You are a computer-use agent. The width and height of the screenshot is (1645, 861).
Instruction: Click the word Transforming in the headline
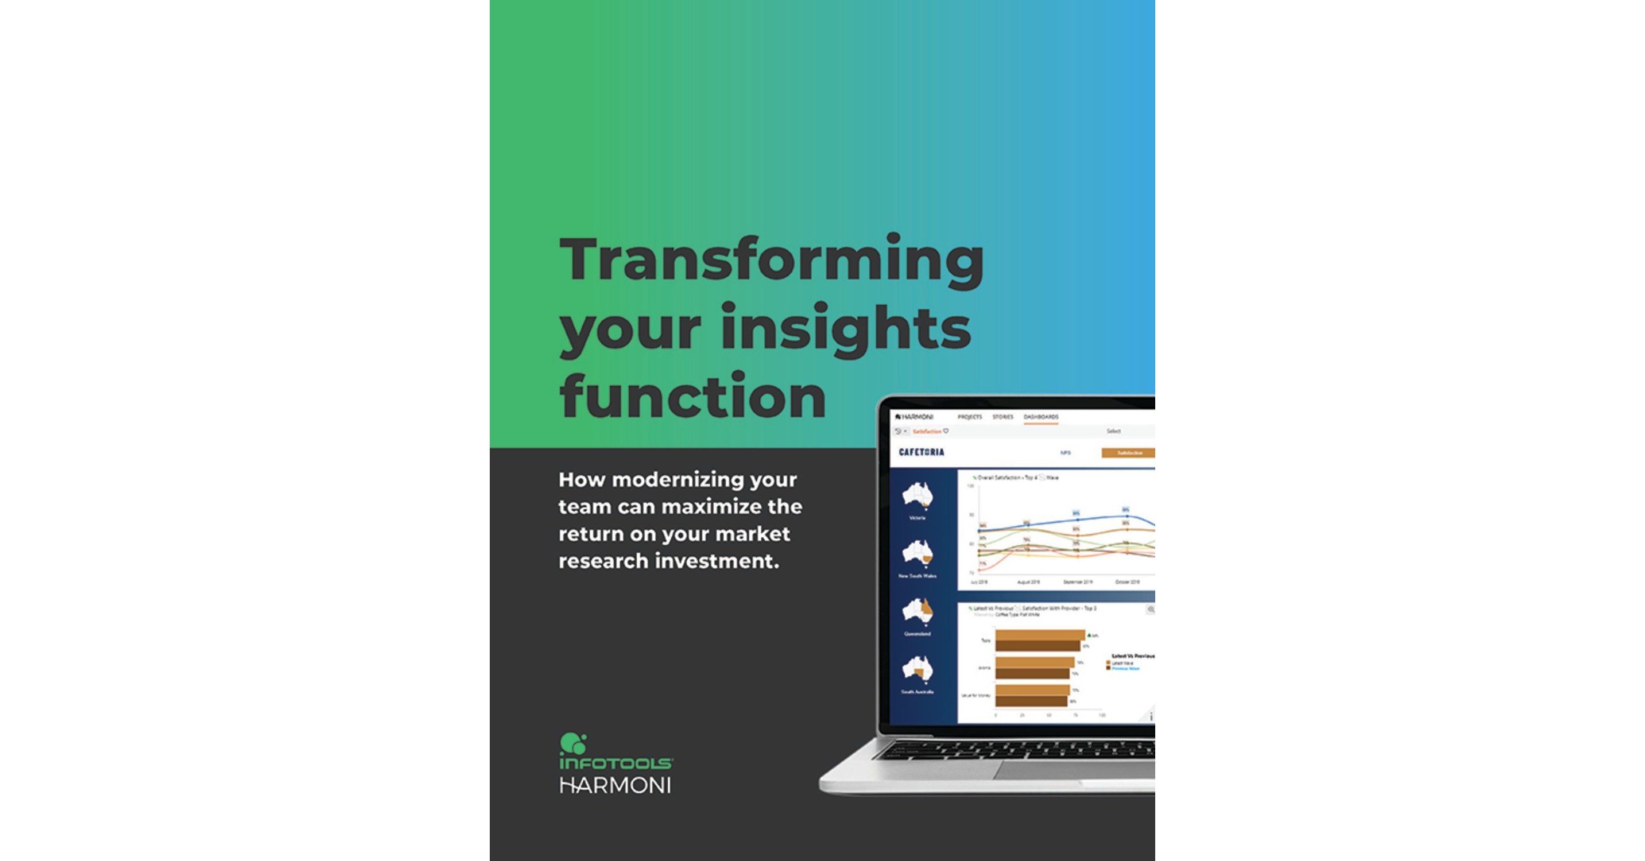(x=772, y=261)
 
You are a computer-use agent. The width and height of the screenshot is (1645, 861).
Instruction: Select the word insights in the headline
(x=846, y=328)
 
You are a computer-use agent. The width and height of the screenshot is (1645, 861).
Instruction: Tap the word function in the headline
(x=693, y=397)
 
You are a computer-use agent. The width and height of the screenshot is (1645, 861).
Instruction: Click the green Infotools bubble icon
(x=573, y=743)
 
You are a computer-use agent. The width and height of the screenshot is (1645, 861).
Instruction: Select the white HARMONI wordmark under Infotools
(x=615, y=786)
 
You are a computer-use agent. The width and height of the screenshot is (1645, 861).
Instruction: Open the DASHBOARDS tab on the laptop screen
(x=1041, y=417)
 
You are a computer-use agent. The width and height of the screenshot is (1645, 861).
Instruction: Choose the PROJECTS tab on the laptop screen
(x=969, y=417)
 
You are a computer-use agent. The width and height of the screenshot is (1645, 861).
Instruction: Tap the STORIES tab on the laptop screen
(x=1003, y=417)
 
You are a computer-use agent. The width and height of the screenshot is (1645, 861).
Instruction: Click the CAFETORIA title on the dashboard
(x=921, y=452)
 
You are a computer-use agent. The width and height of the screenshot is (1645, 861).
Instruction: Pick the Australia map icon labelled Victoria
(x=918, y=497)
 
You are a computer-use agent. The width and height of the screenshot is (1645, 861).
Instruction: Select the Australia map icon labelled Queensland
(x=918, y=612)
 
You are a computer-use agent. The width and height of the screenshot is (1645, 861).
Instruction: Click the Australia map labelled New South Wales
(x=918, y=554)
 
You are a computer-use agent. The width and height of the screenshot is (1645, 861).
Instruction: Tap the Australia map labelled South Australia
(x=918, y=669)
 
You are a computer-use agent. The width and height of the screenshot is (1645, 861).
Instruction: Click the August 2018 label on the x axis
(x=1028, y=582)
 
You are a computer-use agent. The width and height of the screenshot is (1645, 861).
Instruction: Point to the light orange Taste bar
(x=1040, y=635)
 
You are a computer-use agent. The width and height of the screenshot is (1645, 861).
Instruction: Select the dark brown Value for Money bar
(x=1031, y=701)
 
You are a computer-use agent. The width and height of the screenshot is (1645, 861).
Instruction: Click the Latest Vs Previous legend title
(x=1133, y=656)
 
